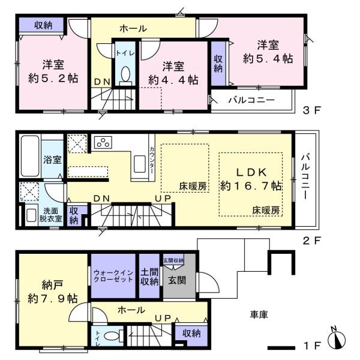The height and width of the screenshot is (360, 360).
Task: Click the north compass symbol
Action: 337,338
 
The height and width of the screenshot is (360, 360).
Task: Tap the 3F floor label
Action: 311,110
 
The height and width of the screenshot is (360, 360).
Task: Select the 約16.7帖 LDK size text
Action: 250,186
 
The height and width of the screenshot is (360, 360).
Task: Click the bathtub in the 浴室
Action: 30,156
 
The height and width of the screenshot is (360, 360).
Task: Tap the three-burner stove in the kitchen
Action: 103,142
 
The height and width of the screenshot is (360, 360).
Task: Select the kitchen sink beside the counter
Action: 140,164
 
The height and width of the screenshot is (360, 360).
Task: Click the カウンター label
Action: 152,160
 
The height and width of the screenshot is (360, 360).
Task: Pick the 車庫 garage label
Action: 259,314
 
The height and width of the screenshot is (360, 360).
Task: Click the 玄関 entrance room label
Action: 177,280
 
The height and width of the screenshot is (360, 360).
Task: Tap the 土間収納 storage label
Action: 149,277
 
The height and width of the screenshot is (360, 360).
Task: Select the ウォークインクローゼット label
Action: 113,276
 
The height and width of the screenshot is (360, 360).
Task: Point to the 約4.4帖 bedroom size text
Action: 173,80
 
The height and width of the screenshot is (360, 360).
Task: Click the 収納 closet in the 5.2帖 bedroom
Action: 41,25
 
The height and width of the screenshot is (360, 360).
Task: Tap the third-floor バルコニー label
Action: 251,100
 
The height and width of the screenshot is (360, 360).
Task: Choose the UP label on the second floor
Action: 163,199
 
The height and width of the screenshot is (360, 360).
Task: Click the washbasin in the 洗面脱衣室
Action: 31,215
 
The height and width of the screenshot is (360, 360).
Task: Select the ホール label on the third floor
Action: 133,29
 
